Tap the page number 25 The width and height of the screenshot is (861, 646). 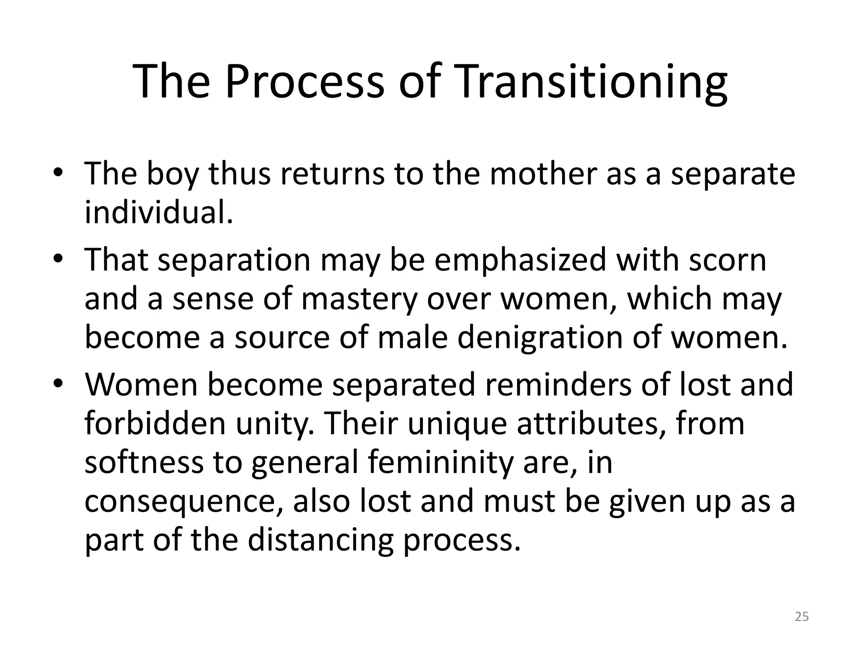click(x=802, y=617)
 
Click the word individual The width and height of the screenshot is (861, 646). click(x=158, y=212)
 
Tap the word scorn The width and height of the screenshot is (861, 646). click(x=728, y=260)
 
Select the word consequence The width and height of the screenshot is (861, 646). click(x=183, y=502)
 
